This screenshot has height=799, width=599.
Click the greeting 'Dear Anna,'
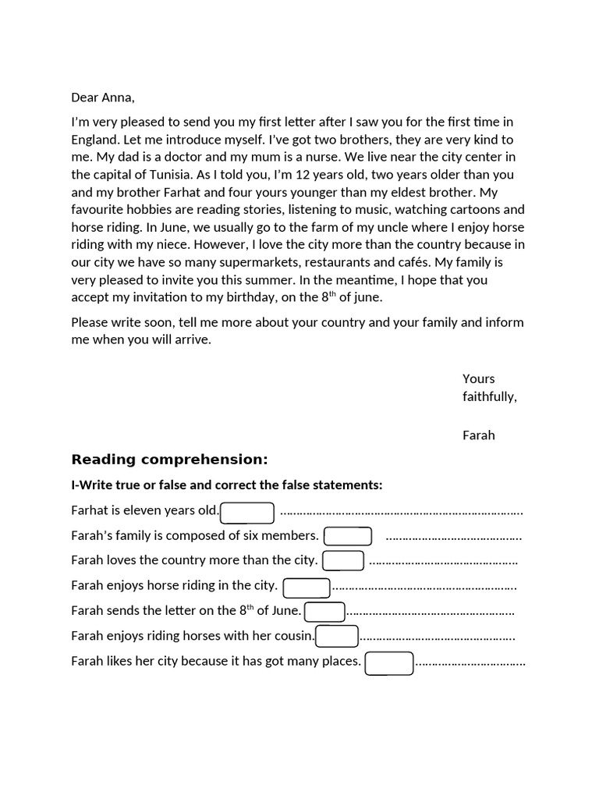[103, 98]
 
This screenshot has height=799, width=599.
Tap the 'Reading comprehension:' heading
[169, 459]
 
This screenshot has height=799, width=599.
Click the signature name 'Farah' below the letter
[478, 435]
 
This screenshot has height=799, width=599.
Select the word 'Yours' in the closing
[478, 379]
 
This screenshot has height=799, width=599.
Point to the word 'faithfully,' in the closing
[489, 396]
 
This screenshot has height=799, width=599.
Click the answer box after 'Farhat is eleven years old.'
[247, 513]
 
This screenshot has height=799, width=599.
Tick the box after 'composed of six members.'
[347, 537]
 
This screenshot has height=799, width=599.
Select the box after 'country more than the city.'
[343, 561]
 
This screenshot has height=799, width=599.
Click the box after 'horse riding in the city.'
[306, 587]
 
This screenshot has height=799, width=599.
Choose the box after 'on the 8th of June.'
[324, 612]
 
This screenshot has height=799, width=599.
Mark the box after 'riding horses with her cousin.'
[336, 637]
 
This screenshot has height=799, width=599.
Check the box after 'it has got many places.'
[389, 663]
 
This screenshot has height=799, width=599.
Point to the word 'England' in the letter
[95, 140]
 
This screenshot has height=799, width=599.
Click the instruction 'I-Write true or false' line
[226, 485]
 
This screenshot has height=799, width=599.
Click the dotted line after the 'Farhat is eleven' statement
[401, 513]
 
